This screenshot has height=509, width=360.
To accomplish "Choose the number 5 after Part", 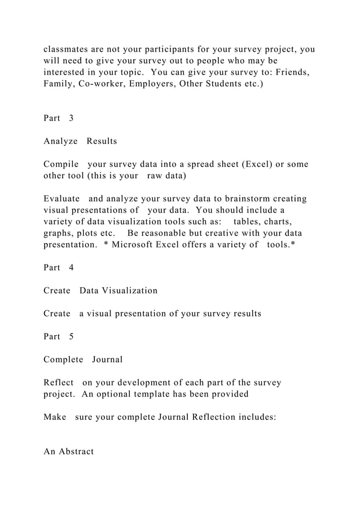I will pyautogui.click(x=71, y=336).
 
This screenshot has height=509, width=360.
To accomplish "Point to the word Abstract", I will pyautogui.click(x=76, y=451).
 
